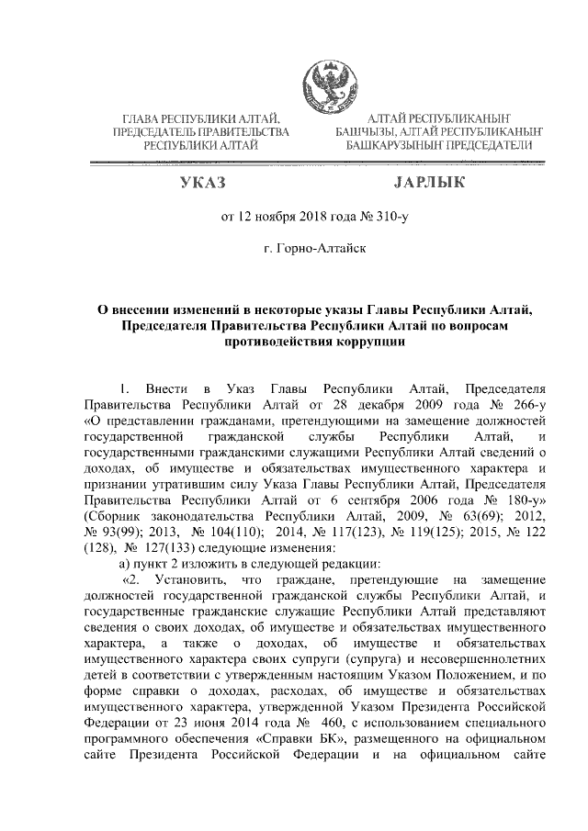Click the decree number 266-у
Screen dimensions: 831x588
[528, 403]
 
